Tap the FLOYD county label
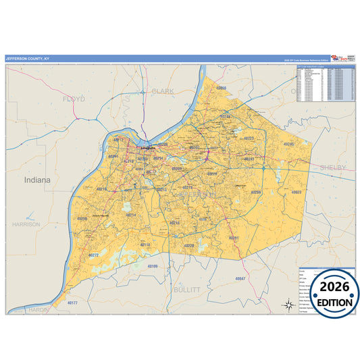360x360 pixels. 74,99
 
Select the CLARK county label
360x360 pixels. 163,91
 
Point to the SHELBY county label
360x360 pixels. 333,167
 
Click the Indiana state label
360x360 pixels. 36,180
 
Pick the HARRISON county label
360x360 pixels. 26,224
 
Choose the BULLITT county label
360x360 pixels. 187,289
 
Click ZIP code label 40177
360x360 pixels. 72,303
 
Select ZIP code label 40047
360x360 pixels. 241,278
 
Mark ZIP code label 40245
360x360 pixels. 289,144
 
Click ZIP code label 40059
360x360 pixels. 221,88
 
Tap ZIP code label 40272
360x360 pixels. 94,255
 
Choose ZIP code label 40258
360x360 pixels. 82,219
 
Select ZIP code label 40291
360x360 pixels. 234,238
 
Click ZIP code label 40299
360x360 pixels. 255,192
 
